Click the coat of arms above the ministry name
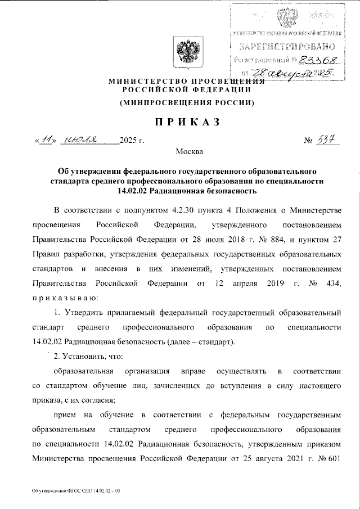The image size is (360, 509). click(x=184, y=54)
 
